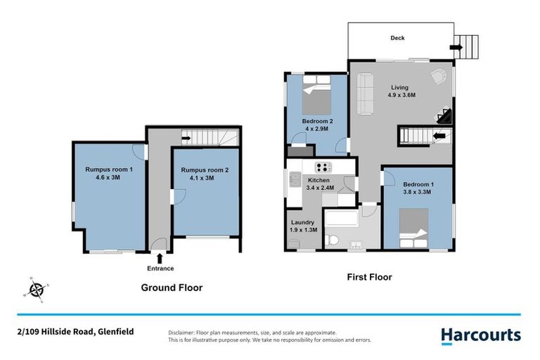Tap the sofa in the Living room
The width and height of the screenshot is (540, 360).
[x=366, y=94]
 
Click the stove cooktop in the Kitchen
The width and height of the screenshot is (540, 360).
[x=323, y=167]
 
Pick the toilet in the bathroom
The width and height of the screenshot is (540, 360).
[x=334, y=241]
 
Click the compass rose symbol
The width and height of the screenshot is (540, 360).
[x=37, y=289]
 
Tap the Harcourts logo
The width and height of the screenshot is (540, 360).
[x=481, y=335]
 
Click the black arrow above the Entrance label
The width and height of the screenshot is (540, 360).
[x=160, y=259]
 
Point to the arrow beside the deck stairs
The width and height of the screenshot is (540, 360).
[x=456, y=48]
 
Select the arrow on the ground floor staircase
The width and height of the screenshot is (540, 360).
[x=186, y=138]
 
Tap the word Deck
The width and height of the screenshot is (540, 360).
[x=398, y=38]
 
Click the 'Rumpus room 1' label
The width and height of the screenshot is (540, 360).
[x=108, y=169]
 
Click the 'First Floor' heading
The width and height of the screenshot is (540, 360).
[x=368, y=277]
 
